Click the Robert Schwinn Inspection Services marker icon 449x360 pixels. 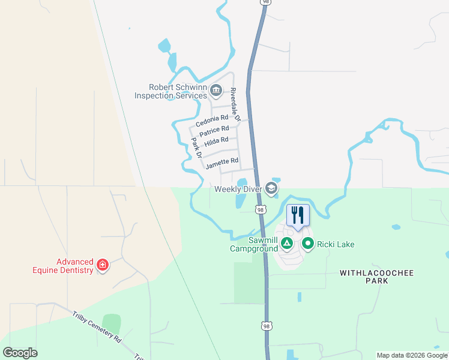click(217, 92)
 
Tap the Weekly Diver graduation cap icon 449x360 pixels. click(271, 190)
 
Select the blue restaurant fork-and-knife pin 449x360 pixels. click(298, 215)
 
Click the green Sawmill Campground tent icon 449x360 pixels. click(288, 243)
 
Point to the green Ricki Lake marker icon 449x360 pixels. click(309, 244)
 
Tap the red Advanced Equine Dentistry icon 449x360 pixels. click(102, 265)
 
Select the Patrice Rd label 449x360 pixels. click(214, 130)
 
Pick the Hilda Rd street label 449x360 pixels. click(216, 142)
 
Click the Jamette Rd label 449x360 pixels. click(221, 162)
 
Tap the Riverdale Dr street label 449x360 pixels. click(235, 106)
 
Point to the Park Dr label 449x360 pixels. click(196, 148)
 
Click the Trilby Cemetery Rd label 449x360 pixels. click(97, 327)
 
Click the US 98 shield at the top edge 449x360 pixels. click(265, 2)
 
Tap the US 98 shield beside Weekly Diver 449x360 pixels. click(260, 209)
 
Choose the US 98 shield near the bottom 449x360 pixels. click(267, 326)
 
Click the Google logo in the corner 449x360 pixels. click(20, 353)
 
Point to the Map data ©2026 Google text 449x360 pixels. click(412, 355)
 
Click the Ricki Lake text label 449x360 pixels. click(336, 244)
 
